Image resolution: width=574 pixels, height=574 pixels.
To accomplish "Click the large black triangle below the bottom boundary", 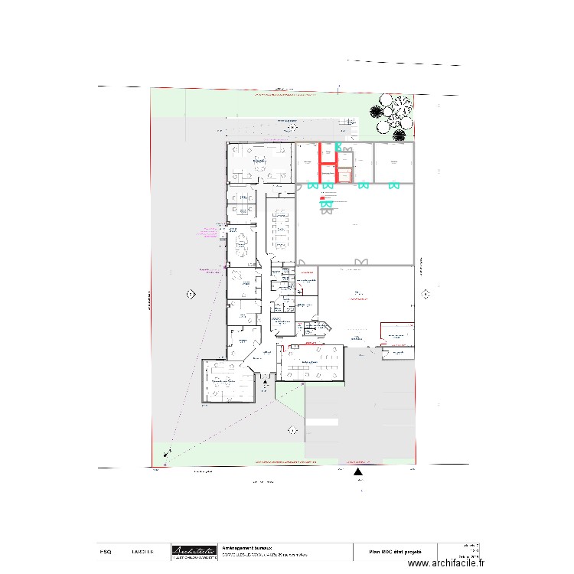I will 357,472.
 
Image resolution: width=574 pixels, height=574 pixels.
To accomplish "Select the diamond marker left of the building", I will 190,294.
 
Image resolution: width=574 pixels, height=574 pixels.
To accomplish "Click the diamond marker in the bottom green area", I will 292,431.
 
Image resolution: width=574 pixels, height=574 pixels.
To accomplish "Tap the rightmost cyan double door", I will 393,185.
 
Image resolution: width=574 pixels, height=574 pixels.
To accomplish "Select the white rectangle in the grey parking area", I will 321,421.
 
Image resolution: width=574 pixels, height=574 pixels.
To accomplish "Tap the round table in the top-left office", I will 259,161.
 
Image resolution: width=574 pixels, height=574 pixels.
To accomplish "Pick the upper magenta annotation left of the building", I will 210,231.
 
